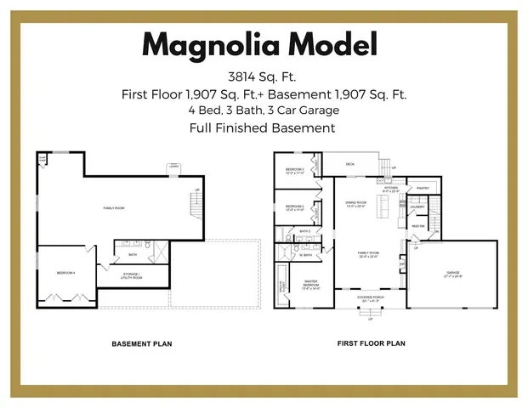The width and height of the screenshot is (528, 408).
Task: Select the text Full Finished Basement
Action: pos(263,127)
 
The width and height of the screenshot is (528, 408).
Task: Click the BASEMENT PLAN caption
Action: pos(143,344)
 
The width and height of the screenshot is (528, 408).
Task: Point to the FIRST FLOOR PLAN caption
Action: pos(371,344)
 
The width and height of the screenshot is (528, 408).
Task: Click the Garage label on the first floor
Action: pos(452,274)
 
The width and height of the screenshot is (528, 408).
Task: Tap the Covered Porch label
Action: pos(370,298)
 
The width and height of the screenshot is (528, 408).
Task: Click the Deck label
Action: pos(349,164)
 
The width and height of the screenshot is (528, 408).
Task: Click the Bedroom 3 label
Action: pos(294,170)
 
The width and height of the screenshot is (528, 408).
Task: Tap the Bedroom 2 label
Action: pos(294,207)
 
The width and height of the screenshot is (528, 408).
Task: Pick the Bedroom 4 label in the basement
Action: pos(66,272)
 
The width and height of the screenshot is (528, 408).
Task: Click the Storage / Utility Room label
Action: pos(131,275)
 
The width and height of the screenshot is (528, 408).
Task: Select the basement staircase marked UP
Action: pos(196,204)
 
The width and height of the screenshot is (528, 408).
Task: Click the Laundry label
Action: pos(417,207)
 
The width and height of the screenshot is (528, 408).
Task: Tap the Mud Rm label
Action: pos(417,226)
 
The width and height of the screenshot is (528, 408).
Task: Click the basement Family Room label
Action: pos(114,207)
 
